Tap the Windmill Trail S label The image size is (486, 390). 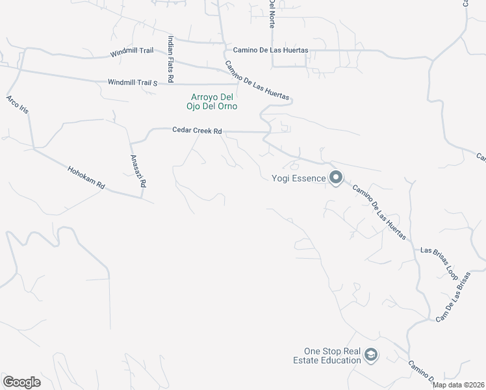(x=134, y=83)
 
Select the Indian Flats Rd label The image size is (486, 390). (x=170, y=58)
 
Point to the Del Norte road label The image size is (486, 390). (x=272, y=13)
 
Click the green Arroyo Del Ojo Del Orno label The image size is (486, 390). (x=209, y=101)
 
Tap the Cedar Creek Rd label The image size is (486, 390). (x=197, y=131)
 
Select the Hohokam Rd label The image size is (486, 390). (x=86, y=177)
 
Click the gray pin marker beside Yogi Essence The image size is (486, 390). (x=335, y=177)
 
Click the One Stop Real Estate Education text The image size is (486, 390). (x=332, y=355)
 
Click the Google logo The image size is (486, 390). (x=21, y=382)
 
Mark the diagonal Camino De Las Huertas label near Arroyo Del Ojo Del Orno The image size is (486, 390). (x=257, y=81)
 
